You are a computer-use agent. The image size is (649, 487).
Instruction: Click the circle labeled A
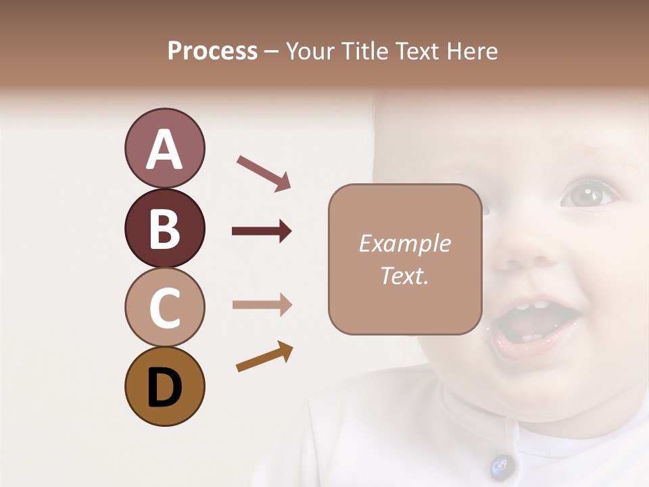click(x=164, y=149)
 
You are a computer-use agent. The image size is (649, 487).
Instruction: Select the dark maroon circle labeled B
click(x=164, y=229)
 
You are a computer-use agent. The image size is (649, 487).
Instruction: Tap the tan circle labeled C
click(x=164, y=308)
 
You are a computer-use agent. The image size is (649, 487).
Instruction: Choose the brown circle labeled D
click(x=164, y=387)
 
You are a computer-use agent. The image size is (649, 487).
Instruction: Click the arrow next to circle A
click(x=264, y=172)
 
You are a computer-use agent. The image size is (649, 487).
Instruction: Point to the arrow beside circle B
click(x=262, y=231)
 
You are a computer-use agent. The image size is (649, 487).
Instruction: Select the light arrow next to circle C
click(x=262, y=304)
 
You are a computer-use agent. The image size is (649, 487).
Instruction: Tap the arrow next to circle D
click(x=264, y=356)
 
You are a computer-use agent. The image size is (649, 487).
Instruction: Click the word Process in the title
click(x=212, y=51)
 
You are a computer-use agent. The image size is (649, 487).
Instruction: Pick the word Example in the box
click(x=404, y=243)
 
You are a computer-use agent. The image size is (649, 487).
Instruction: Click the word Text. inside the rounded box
click(x=404, y=275)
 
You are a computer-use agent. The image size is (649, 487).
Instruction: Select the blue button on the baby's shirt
click(x=500, y=465)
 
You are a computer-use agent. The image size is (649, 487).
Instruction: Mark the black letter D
click(x=164, y=388)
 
